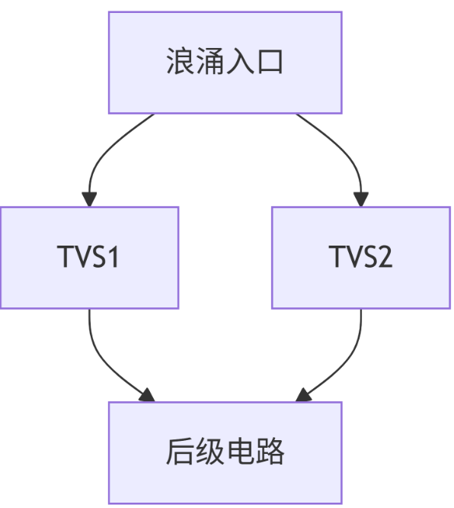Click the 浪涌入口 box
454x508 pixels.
pos(225,63)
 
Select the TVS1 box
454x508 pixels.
pos(89,258)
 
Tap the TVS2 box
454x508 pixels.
pos(360,258)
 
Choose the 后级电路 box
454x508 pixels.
pos(225,452)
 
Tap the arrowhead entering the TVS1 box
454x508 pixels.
pos(89,200)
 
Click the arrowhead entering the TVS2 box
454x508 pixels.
pos(360,200)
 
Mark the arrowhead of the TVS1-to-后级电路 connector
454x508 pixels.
pos(146,395)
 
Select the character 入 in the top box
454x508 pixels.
pos(240,63)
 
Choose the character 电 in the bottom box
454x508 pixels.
pos(240,452)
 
